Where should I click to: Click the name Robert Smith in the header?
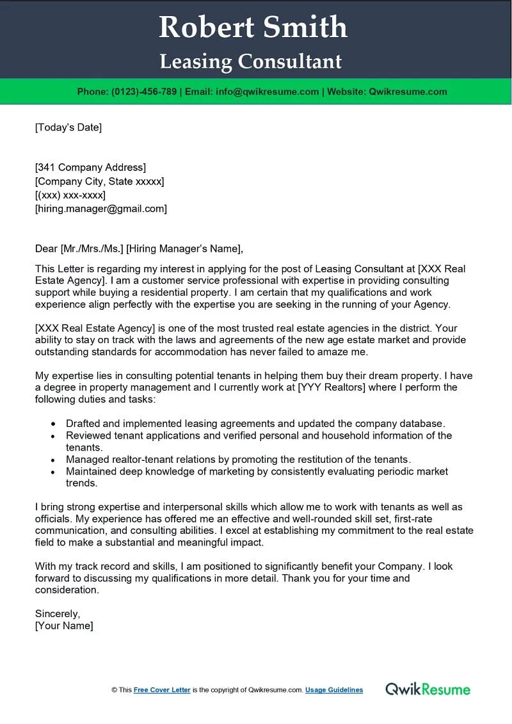coord(253,28)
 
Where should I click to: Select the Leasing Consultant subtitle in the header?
coord(250,61)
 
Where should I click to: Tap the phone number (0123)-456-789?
coord(144,92)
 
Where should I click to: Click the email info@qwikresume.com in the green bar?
coord(267,92)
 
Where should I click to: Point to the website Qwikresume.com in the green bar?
coord(408,92)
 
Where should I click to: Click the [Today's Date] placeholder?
coord(68,127)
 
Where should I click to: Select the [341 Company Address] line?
coord(90,168)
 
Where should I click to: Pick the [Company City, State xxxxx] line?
coord(99,181)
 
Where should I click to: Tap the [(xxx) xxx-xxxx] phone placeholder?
coord(70,195)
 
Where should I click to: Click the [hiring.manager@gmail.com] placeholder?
coord(100,209)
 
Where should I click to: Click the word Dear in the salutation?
coord(46,249)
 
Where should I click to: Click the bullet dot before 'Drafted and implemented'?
coord(52,424)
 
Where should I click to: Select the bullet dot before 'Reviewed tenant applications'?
coord(52,436)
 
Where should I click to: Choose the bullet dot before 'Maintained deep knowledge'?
coord(52,472)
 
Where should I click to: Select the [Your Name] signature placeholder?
coord(64,626)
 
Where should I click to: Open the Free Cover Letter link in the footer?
coord(162,690)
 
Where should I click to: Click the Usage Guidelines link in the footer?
coord(334,690)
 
